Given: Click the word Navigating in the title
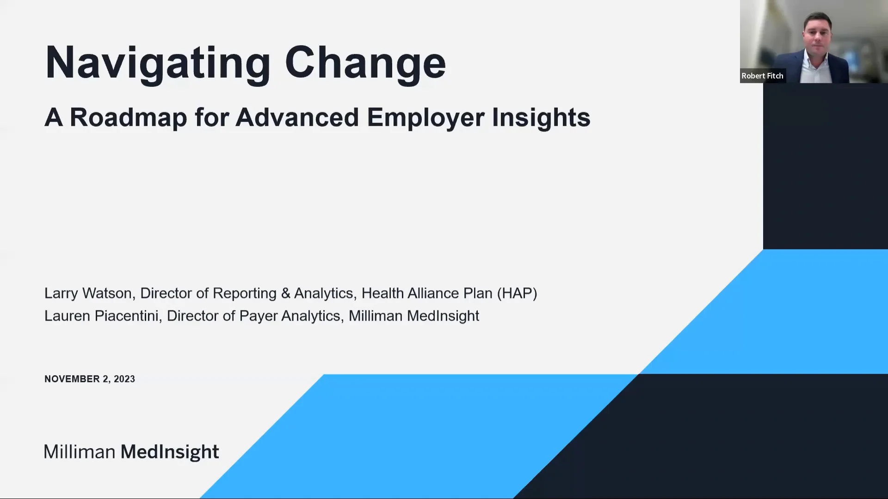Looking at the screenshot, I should [x=157, y=63].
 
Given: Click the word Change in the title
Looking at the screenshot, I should [x=365, y=63].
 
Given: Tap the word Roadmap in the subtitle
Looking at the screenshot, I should [x=128, y=117].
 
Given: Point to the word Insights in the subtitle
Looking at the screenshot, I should [x=541, y=117].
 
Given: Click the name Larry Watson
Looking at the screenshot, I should [x=88, y=293].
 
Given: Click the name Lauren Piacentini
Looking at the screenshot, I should [x=101, y=316].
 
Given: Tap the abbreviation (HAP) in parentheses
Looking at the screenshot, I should [x=517, y=293].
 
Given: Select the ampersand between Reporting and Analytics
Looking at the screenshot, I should [x=285, y=293].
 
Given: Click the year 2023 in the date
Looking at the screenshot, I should [x=124, y=379].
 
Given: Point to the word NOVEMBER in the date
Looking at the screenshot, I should [x=72, y=379].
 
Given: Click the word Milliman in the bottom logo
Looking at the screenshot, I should [x=80, y=452].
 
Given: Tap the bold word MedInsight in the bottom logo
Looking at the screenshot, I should [x=170, y=452].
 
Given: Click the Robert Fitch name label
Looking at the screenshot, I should [x=762, y=76].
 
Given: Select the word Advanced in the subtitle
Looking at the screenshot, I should [x=297, y=117].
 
